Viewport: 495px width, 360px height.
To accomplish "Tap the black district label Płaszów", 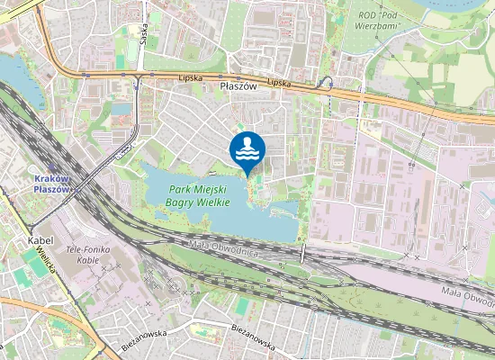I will click(238, 86).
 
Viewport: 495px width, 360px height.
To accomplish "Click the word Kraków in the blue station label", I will click(51, 178).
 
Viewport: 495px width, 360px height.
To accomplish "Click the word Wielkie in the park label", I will click(213, 203).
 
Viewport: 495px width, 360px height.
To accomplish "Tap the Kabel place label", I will click(42, 241).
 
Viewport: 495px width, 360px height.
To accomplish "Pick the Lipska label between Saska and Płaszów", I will click(190, 78).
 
